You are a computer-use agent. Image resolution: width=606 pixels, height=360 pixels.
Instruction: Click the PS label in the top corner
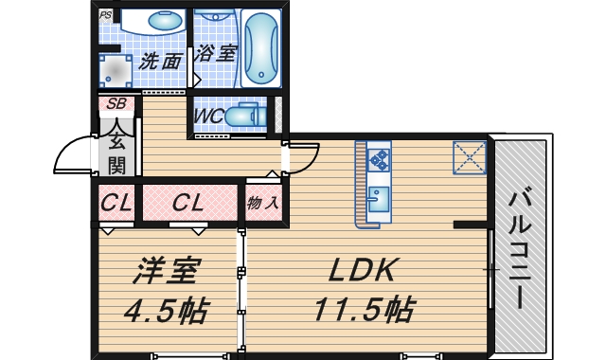[105, 15]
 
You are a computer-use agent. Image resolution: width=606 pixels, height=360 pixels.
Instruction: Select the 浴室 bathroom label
[215, 54]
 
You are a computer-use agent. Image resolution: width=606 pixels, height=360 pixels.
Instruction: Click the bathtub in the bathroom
[260, 48]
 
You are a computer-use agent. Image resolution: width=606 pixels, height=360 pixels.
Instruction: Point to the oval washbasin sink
[167, 21]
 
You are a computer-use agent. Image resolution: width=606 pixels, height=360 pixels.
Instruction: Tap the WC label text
[207, 116]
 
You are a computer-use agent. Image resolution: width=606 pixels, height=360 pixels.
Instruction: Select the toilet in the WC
[248, 115]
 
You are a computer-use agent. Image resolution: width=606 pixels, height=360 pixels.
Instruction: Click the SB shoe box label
[117, 103]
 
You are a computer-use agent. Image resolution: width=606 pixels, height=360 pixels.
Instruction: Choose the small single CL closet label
[116, 202]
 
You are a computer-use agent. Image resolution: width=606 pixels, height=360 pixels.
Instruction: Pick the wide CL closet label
[188, 202]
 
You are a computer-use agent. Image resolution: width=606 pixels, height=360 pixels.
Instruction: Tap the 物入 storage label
[263, 202]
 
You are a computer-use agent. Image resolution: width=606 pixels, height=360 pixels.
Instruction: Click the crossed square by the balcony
[469, 157]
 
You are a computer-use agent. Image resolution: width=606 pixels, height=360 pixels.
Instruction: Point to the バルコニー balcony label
[519, 248]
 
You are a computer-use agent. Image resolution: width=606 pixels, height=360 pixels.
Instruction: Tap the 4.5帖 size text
[166, 308]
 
